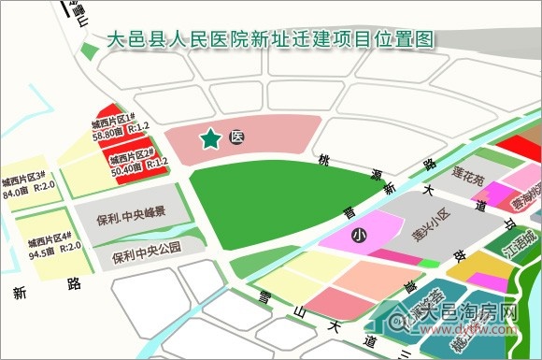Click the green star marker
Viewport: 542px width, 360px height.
(211, 139)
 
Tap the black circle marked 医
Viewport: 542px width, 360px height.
(237, 137)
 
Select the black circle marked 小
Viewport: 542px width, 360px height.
(358, 238)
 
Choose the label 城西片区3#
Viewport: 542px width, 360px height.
(25, 180)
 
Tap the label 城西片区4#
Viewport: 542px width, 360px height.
(50, 237)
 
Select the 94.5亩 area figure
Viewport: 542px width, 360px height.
(43, 251)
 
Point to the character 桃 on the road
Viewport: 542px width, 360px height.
(324, 161)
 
